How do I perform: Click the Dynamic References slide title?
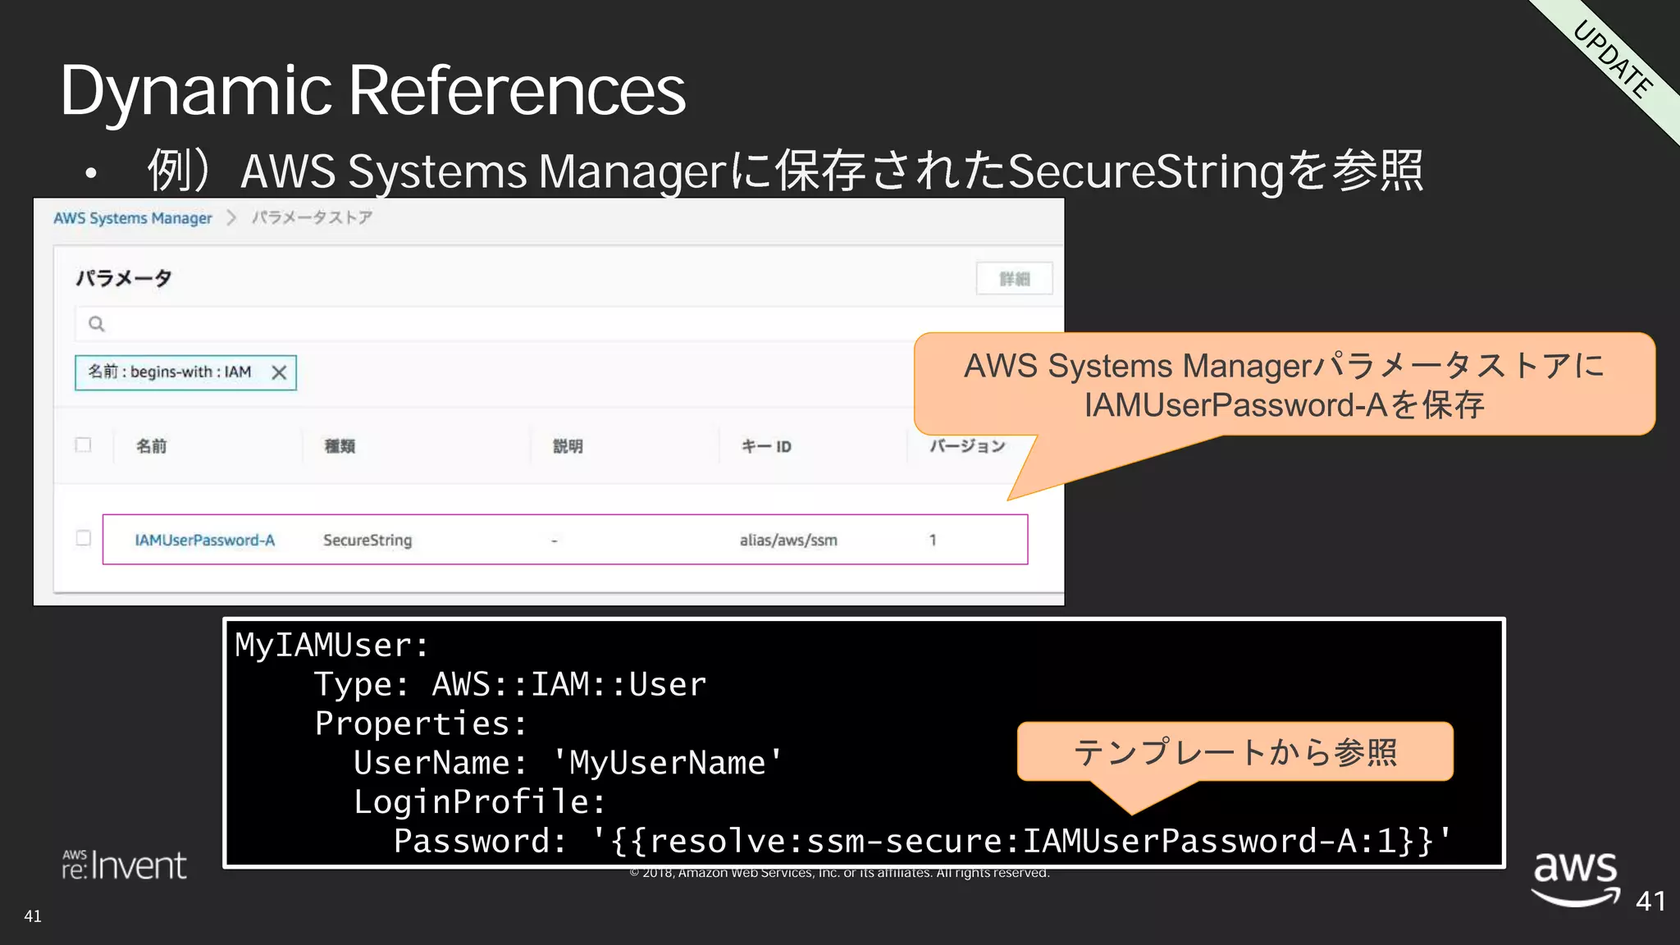click(x=372, y=90)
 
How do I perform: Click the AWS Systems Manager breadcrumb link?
click(x=132, y=218)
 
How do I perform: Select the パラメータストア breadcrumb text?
click(x=312, y=217)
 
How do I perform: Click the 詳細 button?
click(x=1014, y=279)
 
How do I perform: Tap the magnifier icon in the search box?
click(x=97, y=324)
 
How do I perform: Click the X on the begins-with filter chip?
click(x=279, y=373)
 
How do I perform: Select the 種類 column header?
click(x=340, y=446)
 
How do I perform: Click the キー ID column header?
click(x=766, y=446)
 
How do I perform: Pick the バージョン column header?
click(x=967, y=446)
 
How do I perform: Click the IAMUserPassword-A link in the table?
click(x=204, y=541)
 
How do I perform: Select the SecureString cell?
click(x=367, y=541)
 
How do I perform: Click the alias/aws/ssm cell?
click(x=788, y=541)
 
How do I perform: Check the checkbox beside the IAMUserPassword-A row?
click(x=83, y=538)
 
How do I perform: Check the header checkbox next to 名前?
click(x=83, y=445)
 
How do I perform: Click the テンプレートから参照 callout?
click(x=1235, y=752)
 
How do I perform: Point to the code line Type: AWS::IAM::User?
click(x=509, y=685)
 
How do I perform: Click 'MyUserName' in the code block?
click(x=667, y=763)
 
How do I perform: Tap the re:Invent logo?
click(x=125, y=865)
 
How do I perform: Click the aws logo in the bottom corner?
click(x=1575, y=876)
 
